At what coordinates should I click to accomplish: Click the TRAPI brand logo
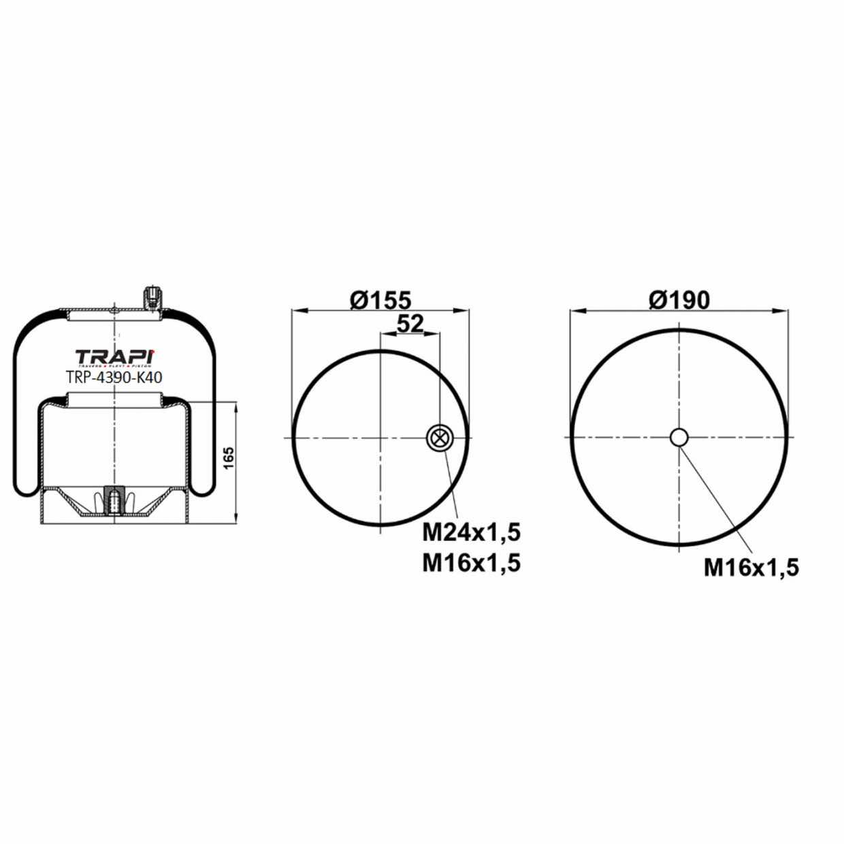coord(114,357)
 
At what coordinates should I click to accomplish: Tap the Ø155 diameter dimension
coord(380,300)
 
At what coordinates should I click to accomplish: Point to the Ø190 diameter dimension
coord(679,299)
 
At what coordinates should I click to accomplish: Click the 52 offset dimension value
coord(410,324)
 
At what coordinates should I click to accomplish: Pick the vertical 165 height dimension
coord(228,462)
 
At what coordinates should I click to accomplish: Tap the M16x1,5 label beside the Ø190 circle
coord(751,566)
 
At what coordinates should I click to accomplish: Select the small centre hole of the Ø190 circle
coord(679,437)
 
